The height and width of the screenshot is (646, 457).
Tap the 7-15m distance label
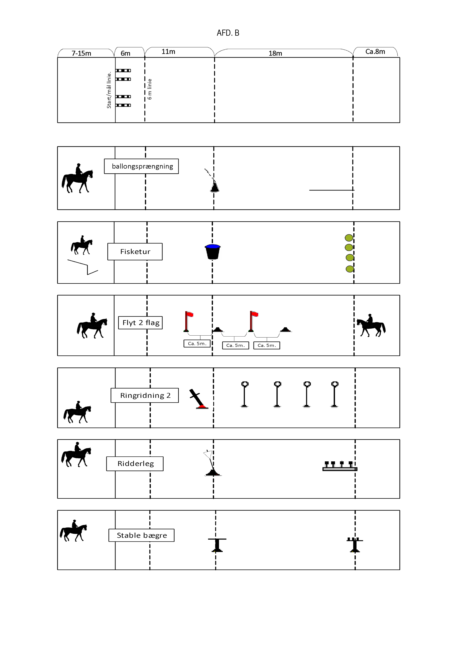point(81,53)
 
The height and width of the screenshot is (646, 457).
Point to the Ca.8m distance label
point(375,51)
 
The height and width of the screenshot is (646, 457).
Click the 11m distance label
point(168,51)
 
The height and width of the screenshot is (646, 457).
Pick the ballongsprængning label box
point(141,166)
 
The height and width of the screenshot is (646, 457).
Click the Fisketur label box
point(135,252)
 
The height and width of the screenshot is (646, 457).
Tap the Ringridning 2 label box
point(145,395)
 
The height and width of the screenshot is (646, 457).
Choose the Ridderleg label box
point(135,464)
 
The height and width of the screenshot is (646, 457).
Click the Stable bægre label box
point(141,535)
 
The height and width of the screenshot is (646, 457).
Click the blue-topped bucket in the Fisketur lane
point(213,252)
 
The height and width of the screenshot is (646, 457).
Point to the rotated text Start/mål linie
point(109,90)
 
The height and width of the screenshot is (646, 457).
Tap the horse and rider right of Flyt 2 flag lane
point(371,325)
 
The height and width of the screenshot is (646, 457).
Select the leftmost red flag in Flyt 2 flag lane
point(188,321)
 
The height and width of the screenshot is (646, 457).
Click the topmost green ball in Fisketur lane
point(349,238)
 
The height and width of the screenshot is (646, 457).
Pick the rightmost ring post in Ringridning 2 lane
point(334,394)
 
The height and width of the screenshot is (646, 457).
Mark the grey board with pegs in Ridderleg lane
point(340,466)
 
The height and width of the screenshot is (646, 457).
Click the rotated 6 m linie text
point(150,89)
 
